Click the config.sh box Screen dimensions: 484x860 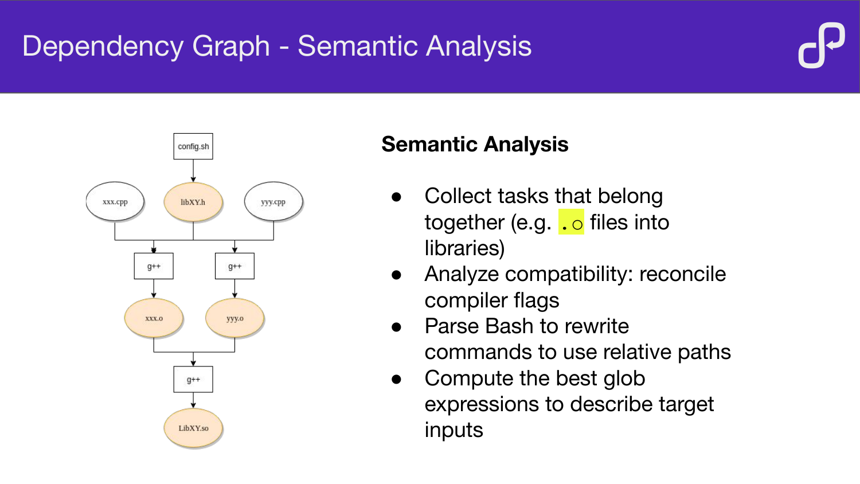(193, 146)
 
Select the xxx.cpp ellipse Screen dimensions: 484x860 (115, 202)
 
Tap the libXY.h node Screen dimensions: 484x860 (193, 202)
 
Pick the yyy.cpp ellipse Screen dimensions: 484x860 (273, 202)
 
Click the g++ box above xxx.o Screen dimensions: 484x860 (154, 266)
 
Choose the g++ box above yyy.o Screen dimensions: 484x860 (234, 266)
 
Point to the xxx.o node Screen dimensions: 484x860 (154, 318)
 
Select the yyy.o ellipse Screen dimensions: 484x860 (234, 318)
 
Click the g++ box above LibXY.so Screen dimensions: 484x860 (193, 380)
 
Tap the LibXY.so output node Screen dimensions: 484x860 (193, 428)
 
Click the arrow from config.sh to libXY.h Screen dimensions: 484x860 (193, 171)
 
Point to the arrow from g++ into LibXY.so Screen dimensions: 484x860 (193, 400)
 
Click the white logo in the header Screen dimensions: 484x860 (822, 45)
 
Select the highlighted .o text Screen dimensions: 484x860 (571, 223)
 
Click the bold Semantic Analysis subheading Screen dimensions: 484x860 (475, 145)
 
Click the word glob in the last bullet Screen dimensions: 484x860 (621, 378)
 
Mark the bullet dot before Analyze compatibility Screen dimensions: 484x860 (396, 275)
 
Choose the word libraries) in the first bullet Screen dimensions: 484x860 (464, 248)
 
